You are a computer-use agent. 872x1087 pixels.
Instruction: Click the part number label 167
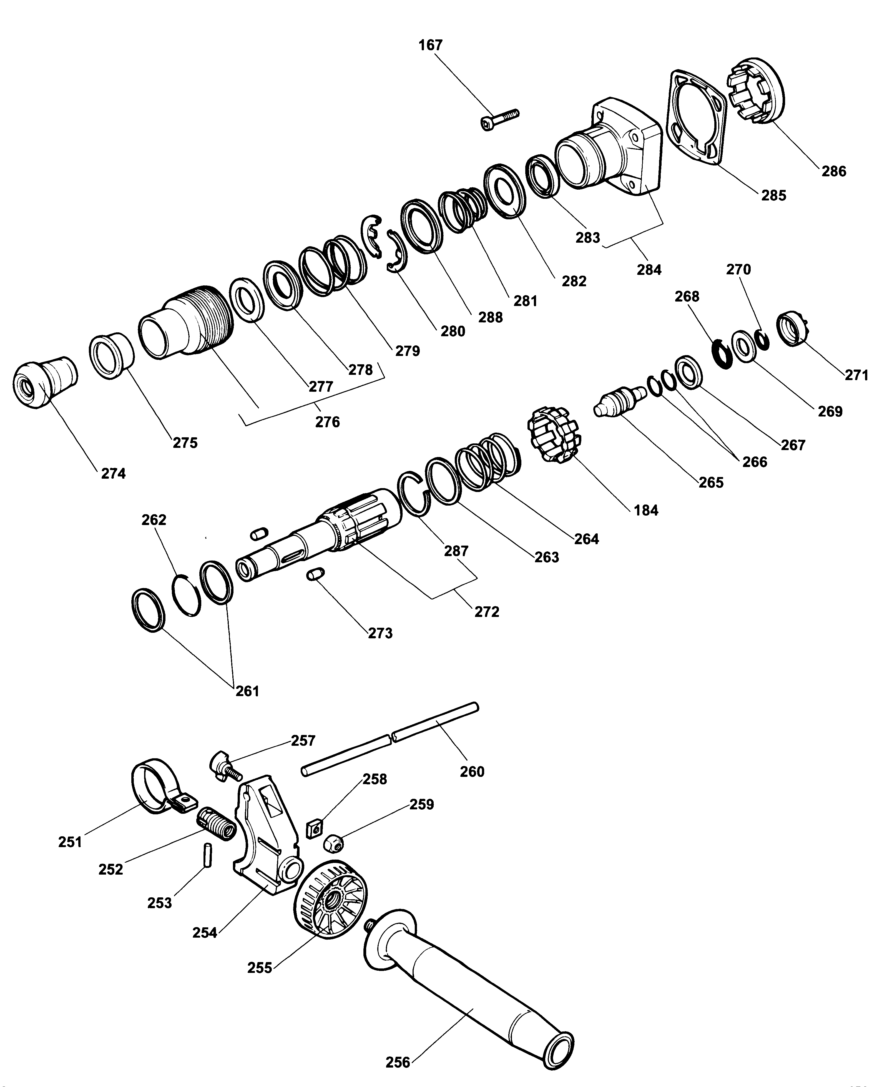click(430, 45)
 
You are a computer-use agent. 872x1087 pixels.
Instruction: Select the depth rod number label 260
click(472, 771)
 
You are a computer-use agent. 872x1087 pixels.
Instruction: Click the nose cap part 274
click(43, 383)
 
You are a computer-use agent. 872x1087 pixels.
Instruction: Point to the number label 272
click(486, 612)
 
